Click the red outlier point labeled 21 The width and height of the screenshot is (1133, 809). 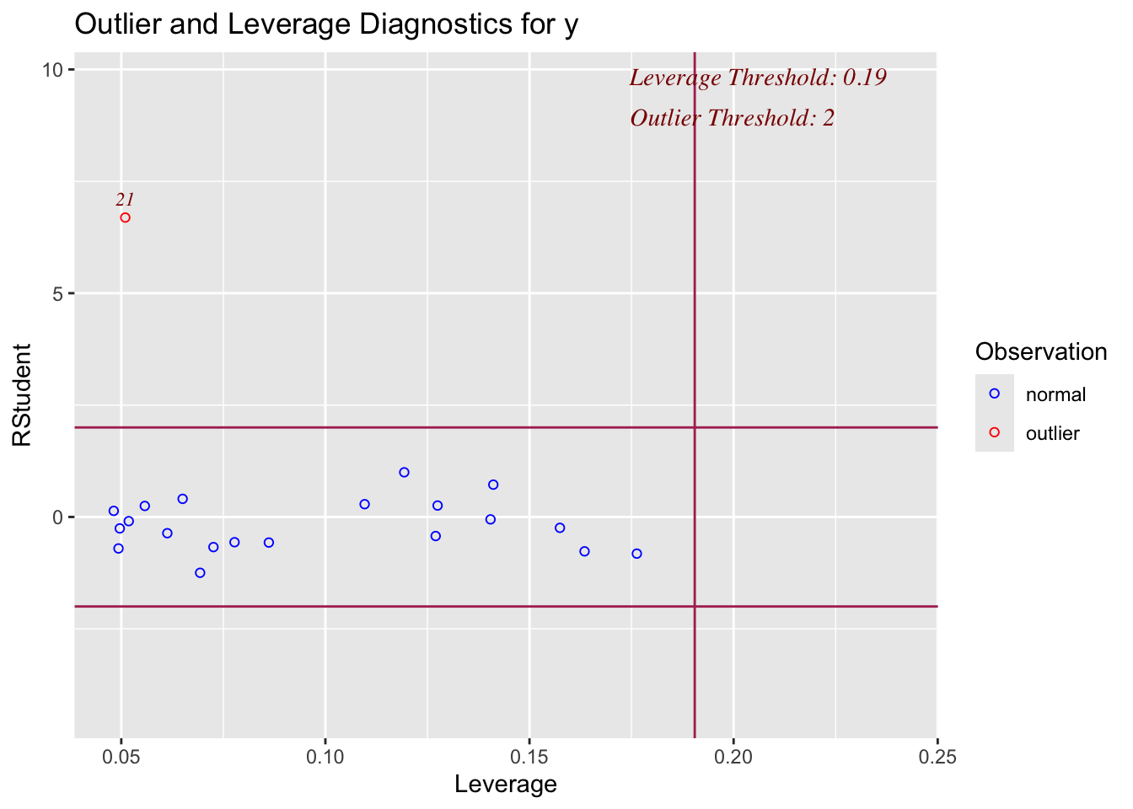tap(125, 217)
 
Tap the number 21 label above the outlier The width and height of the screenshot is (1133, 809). tap(125, 200)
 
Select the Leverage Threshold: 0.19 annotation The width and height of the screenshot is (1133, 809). tap(757, 78)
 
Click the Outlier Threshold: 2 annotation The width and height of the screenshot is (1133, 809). tap(732, 118)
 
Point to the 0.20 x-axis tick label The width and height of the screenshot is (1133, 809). tap(733, 757)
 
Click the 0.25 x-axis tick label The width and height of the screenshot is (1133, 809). tap(937, 757)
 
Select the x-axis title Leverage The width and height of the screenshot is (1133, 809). tap(505, 785)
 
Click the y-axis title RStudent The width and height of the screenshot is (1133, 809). tap(22, 394)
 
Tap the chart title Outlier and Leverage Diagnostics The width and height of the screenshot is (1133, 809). tap(326, 24)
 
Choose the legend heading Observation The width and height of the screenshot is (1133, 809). tap(1040, 351)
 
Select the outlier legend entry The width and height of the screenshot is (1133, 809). tap(1052, 434)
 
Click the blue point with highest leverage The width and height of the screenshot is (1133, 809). tap(636, 554)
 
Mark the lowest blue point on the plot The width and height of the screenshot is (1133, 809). tap(200, 573)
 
